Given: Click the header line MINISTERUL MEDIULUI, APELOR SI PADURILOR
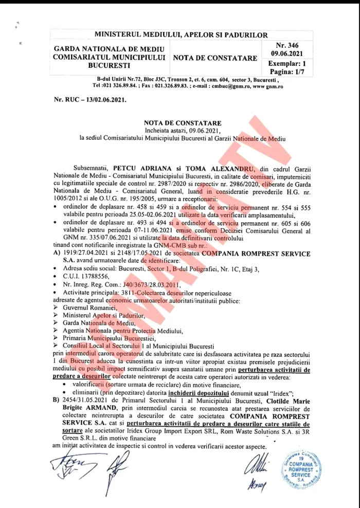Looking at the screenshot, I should pos(181,35).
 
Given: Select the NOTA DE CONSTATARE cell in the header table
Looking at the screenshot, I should pos(215,58).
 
